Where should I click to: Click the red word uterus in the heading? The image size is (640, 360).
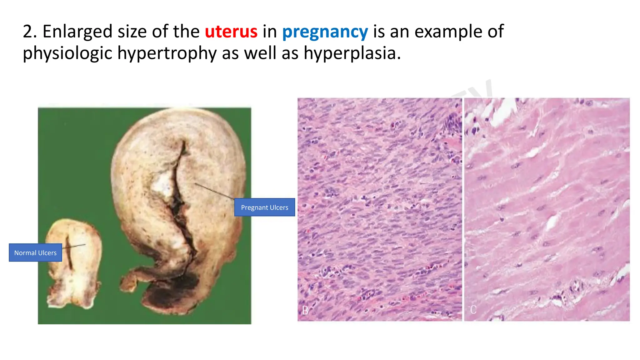(x=231, y=32)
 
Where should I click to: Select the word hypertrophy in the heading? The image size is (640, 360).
(x=167, y=53)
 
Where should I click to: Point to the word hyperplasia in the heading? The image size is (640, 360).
(x=352, y=53)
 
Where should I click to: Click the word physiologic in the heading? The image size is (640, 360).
(x=67, y=53)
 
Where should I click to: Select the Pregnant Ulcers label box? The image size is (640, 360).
(x=264, y=207)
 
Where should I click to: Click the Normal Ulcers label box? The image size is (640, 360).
(x=35, y=252)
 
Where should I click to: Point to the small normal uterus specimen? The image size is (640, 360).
(x=73, y=262)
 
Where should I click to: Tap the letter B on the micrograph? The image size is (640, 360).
(x=305, y=310)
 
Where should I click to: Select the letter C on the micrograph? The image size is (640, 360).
(x=473, y=310)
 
